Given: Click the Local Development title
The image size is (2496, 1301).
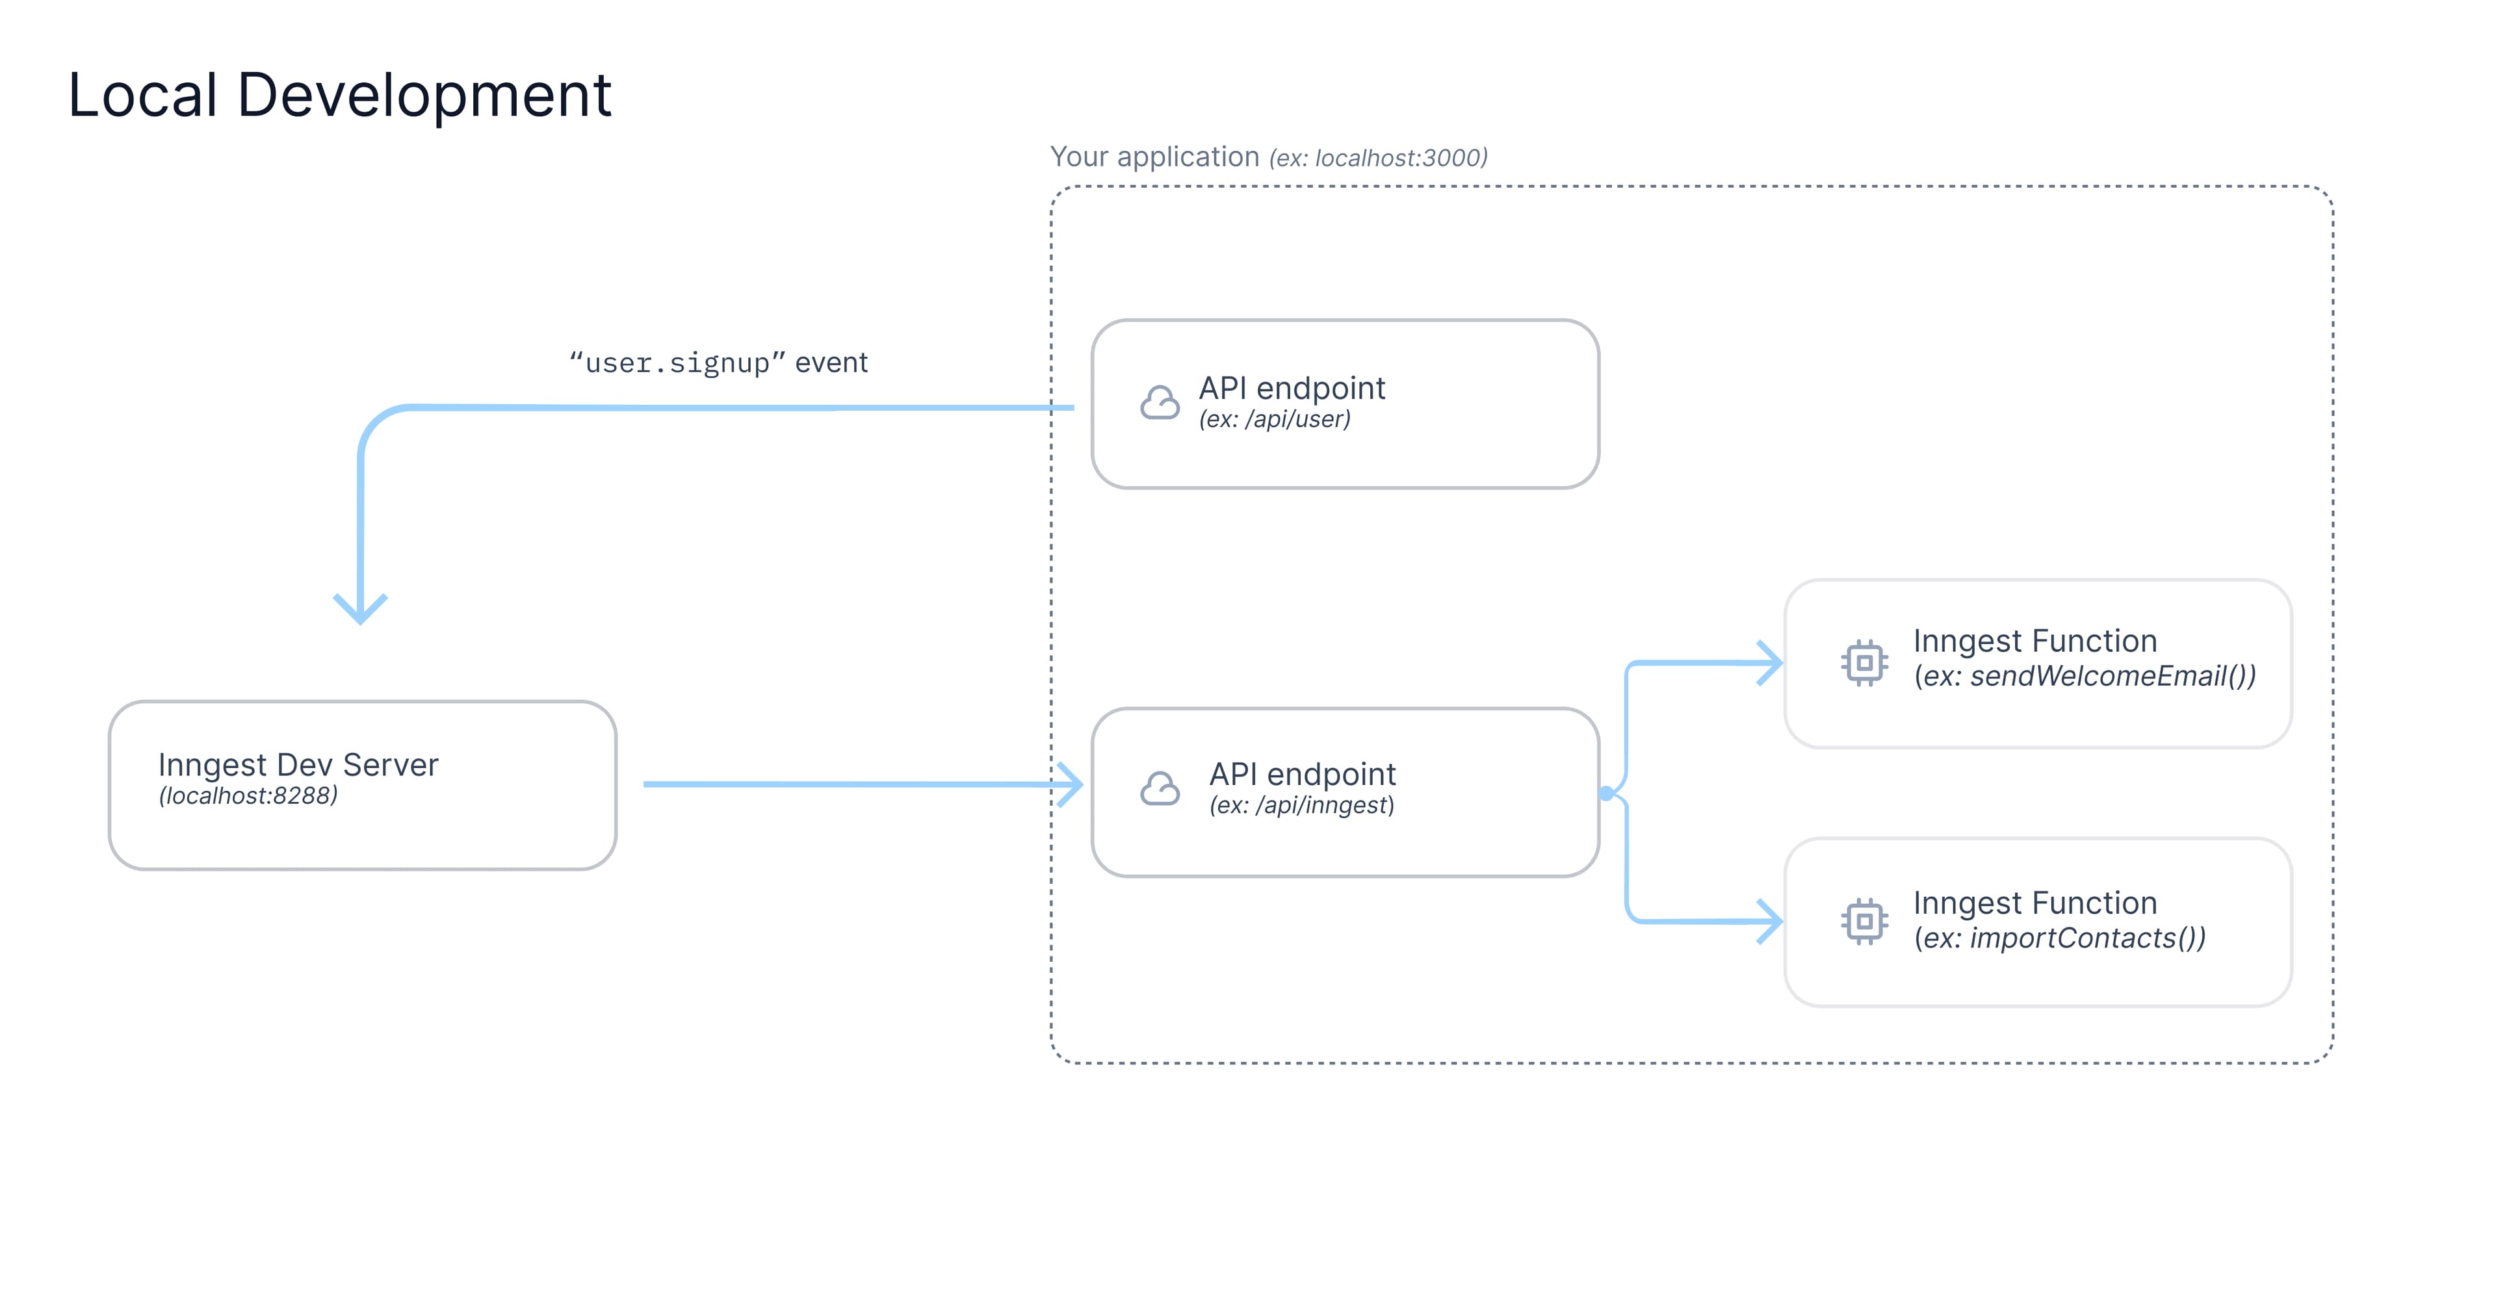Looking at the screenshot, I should click(339, 95).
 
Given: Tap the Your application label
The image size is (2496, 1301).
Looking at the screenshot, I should click(1154, 157).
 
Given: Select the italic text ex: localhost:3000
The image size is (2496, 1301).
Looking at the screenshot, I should click(1378, 158).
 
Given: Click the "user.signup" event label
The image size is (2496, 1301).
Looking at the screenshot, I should click(718, 363).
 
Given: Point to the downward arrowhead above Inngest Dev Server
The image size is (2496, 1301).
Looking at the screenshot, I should click(361, 610).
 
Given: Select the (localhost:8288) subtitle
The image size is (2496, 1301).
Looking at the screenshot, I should click(248, 796).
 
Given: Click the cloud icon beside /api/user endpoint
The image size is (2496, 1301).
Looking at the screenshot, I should click(1160, 403).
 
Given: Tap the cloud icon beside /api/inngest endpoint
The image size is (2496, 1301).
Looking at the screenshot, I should click(1160, 790).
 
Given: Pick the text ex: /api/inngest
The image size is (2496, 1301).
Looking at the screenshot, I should click(1301, 806).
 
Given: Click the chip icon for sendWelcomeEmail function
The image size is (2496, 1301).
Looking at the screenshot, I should click(1864, 663).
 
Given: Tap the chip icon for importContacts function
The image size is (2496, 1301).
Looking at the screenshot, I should click(1864, 921).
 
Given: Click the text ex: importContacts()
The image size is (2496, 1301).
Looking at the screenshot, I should click(2059, 938).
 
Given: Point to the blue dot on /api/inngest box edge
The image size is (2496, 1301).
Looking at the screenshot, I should click(1607, 793).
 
